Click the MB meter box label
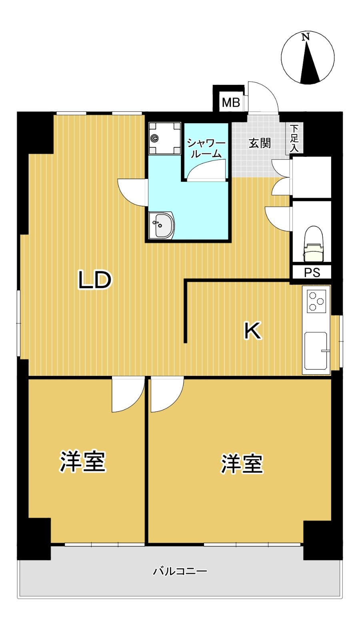(231, 102)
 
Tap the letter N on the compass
(306, 37)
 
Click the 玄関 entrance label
(260, 143)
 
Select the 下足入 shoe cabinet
(294, 138)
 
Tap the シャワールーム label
(206, 148)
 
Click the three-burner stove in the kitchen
(316, 301)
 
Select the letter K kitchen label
(253, 331)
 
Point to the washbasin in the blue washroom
(161, 225)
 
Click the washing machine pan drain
(154, 138)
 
